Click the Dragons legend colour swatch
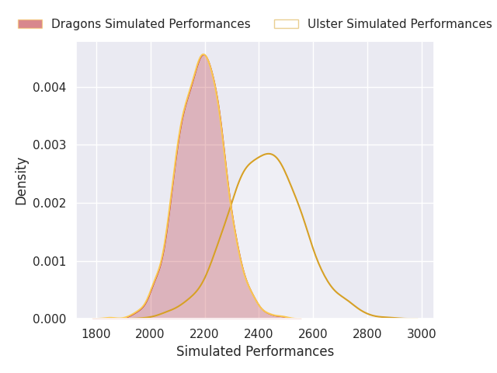point(30,24)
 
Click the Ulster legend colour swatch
point(287,24)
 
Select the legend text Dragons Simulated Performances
point(151,24)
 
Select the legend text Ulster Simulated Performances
point(400,24)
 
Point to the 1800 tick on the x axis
point(96,334)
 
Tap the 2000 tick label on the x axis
point(150,334)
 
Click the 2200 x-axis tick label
point(204,334)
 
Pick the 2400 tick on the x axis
point(259,334)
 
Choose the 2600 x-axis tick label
point(313,334)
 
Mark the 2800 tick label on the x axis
point(367,334)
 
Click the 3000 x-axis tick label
point(421,334)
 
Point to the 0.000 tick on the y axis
point(50,319)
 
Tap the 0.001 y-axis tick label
point(50,261)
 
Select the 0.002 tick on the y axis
point(50,203)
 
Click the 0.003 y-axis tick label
point(50,145)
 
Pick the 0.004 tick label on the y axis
point(50,87)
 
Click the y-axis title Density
point(21,181)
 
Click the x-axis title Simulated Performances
point(255,351)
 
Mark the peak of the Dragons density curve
point(203,54)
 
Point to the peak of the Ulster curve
point(269,154)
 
